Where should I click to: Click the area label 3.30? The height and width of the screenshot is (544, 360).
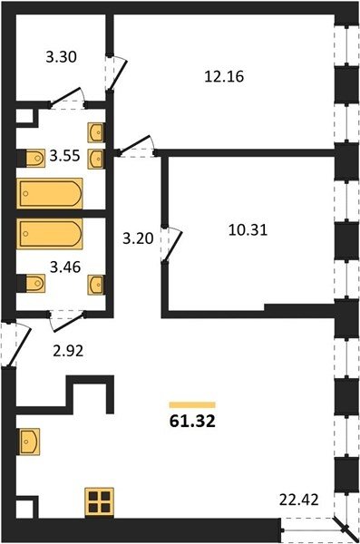(61, 57)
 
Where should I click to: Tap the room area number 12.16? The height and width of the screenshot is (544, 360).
(224, 76)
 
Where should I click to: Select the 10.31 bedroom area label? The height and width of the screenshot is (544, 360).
(248, 230)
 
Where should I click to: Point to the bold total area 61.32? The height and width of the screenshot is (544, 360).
(192, 422)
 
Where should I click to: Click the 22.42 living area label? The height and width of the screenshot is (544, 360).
(299, 500)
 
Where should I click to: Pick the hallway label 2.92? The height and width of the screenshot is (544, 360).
(68, 351)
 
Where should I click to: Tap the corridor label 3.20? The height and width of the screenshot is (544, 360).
(138, 238)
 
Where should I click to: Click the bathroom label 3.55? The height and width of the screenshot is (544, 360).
(64, 156)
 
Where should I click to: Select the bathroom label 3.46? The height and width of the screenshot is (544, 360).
(65, 267)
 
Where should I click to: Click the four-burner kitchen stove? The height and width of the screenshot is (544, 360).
(100, 501)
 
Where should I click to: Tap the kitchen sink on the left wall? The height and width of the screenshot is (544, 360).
(30, 441)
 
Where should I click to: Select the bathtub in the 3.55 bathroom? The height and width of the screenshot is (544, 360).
(50, 193)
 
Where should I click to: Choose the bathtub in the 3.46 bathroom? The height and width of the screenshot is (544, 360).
(50, 234)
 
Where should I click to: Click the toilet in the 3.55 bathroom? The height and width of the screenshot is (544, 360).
(31, 158)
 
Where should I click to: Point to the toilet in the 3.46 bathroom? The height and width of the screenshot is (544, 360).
(31, 284)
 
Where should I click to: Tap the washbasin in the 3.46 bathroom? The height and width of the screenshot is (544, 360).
(96, 285)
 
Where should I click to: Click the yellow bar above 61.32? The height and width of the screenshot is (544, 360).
(192, 405)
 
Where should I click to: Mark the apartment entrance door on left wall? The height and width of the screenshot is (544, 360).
(15, 344)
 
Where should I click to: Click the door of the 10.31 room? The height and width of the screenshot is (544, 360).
(171, 245)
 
